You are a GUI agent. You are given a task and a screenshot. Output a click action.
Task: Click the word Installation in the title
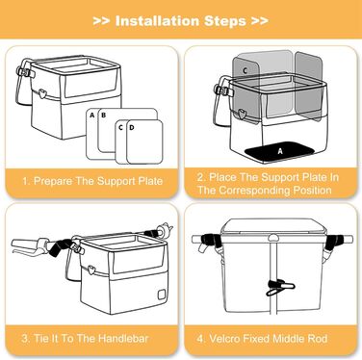158,21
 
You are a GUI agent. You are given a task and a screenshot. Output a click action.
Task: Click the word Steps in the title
225,21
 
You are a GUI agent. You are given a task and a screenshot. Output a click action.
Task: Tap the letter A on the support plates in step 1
92,115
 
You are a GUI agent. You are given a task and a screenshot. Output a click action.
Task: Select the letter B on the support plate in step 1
103,115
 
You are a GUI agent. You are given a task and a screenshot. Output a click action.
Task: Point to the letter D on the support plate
132,128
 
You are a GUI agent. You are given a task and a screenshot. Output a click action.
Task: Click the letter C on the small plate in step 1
120,128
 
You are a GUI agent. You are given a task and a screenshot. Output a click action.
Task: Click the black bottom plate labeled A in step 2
280,151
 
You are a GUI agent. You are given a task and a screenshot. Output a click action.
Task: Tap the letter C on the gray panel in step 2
245,70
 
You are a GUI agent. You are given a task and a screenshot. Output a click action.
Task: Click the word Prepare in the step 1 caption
53,181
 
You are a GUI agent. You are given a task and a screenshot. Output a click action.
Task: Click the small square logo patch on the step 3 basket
162,295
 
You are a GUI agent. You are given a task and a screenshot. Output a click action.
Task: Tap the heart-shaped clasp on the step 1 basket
42,93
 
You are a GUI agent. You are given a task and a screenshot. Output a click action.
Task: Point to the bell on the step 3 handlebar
166,229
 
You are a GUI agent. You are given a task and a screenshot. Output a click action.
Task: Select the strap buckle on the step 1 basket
25,72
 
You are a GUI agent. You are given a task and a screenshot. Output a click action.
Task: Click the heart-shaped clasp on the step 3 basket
91,270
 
